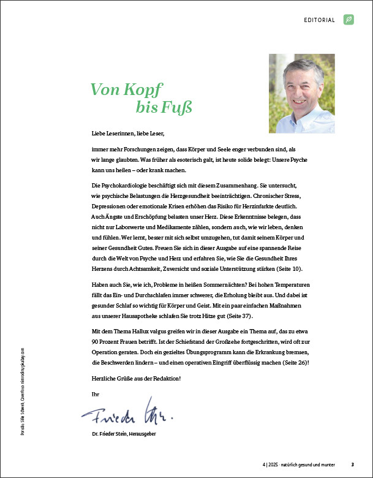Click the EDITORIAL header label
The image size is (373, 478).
point(319,20)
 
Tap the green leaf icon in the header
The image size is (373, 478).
point(349,20)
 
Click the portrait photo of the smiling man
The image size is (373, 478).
point(302,93)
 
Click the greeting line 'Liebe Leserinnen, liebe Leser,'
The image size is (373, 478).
point(127,132)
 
